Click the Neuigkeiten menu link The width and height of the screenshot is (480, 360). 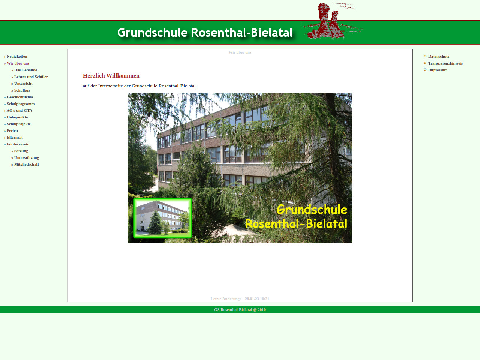coord(17,56)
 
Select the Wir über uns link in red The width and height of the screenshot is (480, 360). coord(18,63)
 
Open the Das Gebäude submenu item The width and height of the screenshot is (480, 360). coord(25,70)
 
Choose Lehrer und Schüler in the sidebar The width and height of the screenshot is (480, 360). coord(31,77)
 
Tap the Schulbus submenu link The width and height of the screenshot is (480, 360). coord(22,90)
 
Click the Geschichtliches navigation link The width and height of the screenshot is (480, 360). coord(20,97)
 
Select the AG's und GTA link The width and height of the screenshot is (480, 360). coord(19,110)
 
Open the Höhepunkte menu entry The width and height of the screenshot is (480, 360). coord(17,117)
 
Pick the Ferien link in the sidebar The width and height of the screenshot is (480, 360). coord(12,131)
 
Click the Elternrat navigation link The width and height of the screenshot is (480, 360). coord(15,138)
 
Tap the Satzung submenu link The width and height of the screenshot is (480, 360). coord(21,151)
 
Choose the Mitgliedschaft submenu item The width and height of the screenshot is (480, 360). coord(27,164)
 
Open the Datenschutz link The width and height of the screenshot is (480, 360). coord(439,56)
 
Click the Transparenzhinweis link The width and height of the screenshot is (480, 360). coord(445,63)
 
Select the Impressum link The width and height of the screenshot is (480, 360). coord(438,70)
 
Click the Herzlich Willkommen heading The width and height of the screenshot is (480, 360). coord(111,76)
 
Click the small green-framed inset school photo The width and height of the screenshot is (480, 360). coord(162,218)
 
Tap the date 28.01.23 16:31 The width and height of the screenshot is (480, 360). coord(257,299)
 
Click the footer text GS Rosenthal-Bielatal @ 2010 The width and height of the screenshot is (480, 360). coord(240,309)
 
